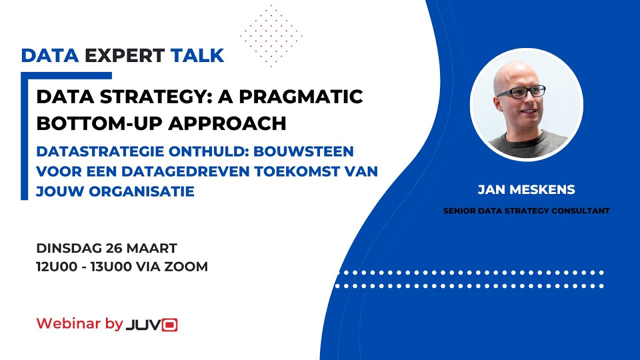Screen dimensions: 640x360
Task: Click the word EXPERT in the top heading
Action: pyautogui.click(x=124, y=55)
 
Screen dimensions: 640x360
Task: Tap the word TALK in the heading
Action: pyautogui.click(x=197, y=55)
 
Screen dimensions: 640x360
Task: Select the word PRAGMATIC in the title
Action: pyautogui.click(x=301, y=96)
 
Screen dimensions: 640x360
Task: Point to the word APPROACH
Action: pyautogui.click(x=227, y=123)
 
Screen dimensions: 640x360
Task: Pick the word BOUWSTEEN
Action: pyautogui.click(x=303, y=151)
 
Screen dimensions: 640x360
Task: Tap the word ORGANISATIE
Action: pyautogui.click(x=141, y=191)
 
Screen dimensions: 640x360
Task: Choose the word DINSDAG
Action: pyautogui.click(x=69, y=248)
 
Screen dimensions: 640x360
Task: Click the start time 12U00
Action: pyautogui.click(x=57, y=267)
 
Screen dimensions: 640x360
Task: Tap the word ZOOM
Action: pyautogui.click(x=186, y=267)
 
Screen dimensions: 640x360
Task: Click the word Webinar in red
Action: pyautogui.click(x=68, y=323)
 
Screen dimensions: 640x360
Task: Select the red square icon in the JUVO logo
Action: pyautogui.click(x=169, y=325)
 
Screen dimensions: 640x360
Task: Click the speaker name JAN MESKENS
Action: pyautogui.click(x=526, y=189)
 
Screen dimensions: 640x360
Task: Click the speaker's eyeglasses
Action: pyautogui.click(x=521, y=92)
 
